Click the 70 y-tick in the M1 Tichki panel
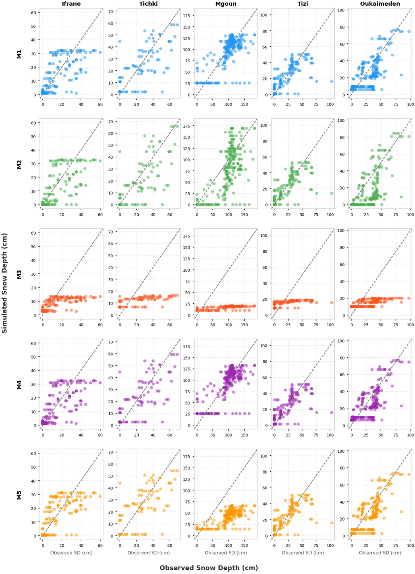pos(111,11)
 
